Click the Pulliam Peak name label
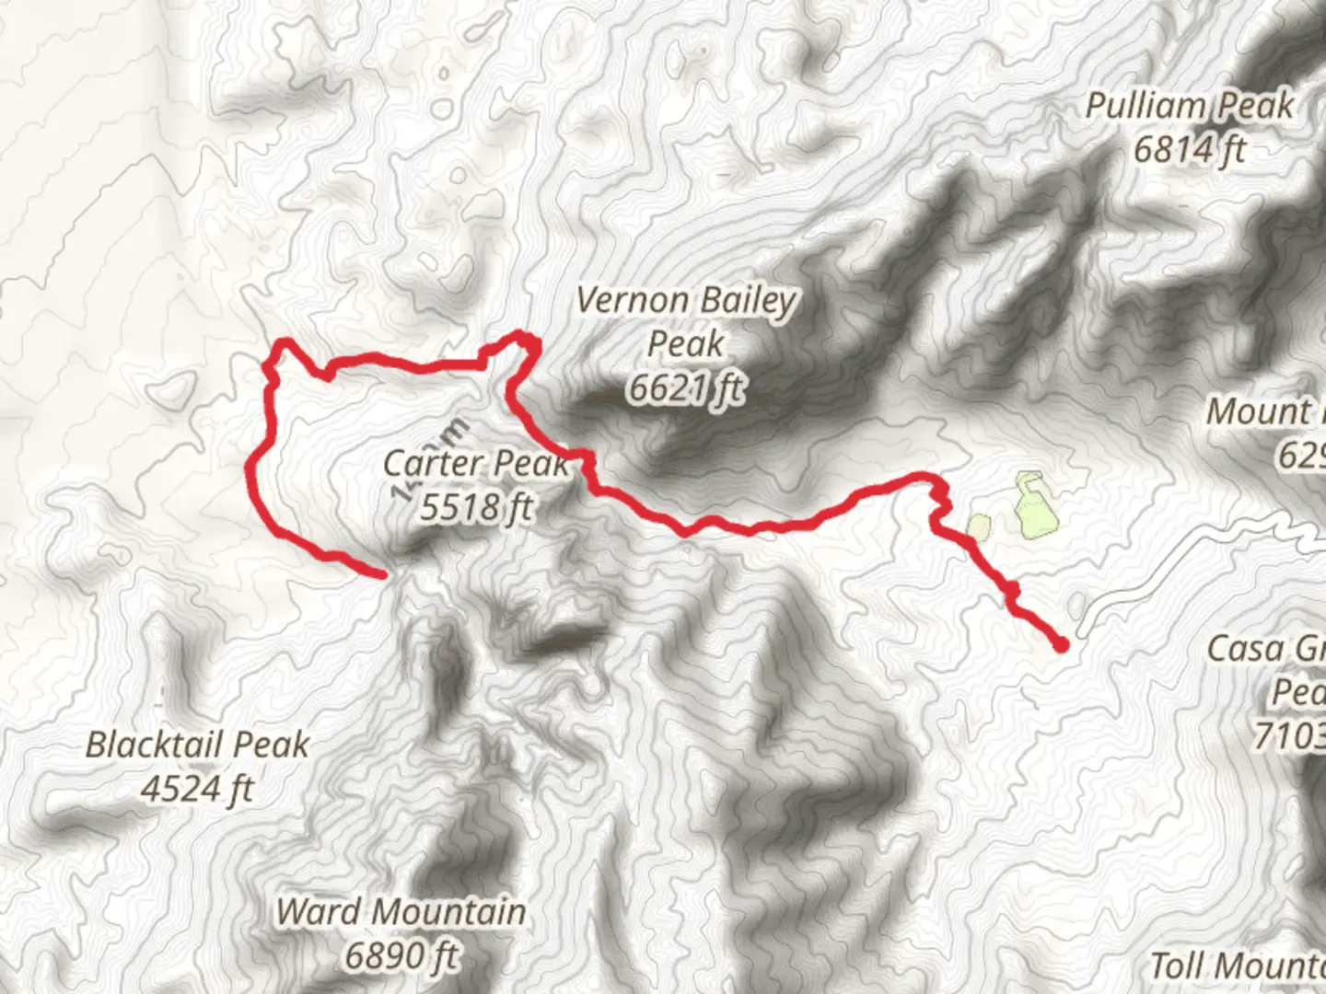click(x=1189, y=106)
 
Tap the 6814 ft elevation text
click(x=1189, y=149)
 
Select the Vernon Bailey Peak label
click(x=686, y=322)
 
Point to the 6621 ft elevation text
click(x=686, y=388)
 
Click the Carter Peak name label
click(x=476, y=462)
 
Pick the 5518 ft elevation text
click(x=476, y=505)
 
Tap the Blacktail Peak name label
click(x=197, y=745)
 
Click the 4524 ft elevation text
click(x=197, y=789)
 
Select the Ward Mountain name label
click(x=401, y=912)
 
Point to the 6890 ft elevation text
click(x=401, y=956)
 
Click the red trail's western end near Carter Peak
click(x=380, y=574)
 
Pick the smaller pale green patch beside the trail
click(x=978, y=526)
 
